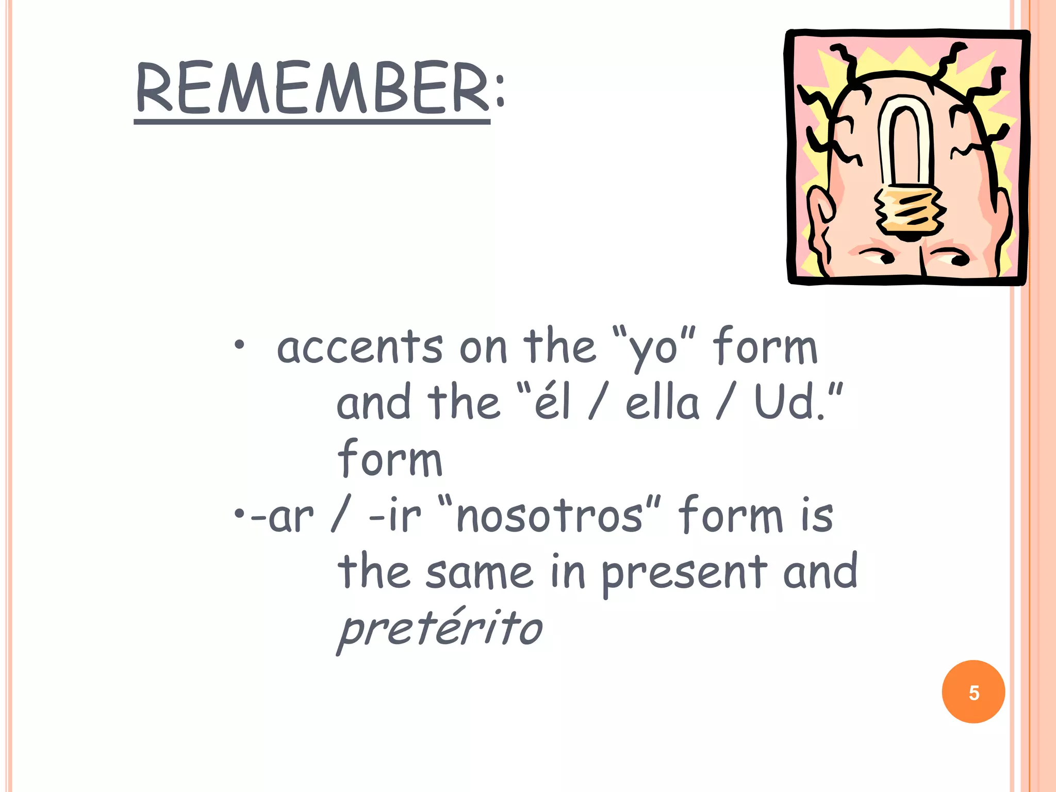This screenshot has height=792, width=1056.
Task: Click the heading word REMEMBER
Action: click(x=312, y=88)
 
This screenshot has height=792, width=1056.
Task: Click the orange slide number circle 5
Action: click(x=973, y=692)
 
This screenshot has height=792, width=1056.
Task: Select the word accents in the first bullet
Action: click(x=359, y=347)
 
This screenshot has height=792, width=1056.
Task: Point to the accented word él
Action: click(x=552, y=402)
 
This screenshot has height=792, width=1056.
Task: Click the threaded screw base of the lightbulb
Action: click(x=909, y=211)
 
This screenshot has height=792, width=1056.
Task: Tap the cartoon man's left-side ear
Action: click(x=819, y=217)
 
